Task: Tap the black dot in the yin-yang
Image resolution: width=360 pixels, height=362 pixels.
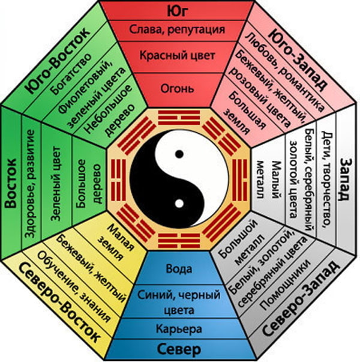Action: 179,155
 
